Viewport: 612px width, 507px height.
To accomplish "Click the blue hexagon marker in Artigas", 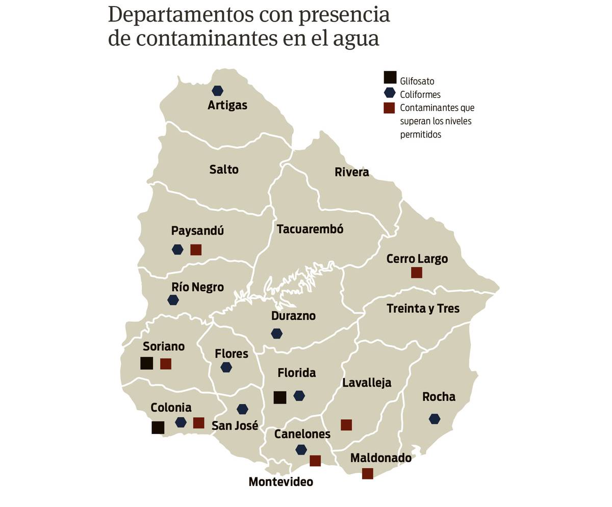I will (217, 91).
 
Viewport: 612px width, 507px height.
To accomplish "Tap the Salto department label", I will (224, 169).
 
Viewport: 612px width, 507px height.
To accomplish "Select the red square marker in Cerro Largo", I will (416, 272).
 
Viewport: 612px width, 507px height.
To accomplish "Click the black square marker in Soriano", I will (146, 363).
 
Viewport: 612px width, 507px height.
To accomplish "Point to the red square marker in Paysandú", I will (196, 249).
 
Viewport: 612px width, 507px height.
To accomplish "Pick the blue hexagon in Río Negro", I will (173, 300).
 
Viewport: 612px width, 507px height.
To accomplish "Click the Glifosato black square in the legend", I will (390, 78).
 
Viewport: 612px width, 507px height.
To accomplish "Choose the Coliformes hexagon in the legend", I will (390, 93).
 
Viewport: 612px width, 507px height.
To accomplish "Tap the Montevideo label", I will (280, 481).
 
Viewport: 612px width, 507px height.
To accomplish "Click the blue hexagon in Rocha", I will (435, 419).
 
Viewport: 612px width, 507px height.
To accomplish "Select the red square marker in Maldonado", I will (367, 473).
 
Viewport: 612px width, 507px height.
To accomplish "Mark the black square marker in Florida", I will (279, 397).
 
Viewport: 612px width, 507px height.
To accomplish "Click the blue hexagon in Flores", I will (226, 367).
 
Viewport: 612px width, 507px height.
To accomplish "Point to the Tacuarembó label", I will (310, 229).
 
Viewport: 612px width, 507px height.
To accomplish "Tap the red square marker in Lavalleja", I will (346, 425).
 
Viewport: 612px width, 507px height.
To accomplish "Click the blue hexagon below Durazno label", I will (276, 334).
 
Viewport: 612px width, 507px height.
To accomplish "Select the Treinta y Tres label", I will (423, 309).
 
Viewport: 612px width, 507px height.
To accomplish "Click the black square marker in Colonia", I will (158, 427).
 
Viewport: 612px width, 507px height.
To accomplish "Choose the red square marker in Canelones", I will (315, 461).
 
